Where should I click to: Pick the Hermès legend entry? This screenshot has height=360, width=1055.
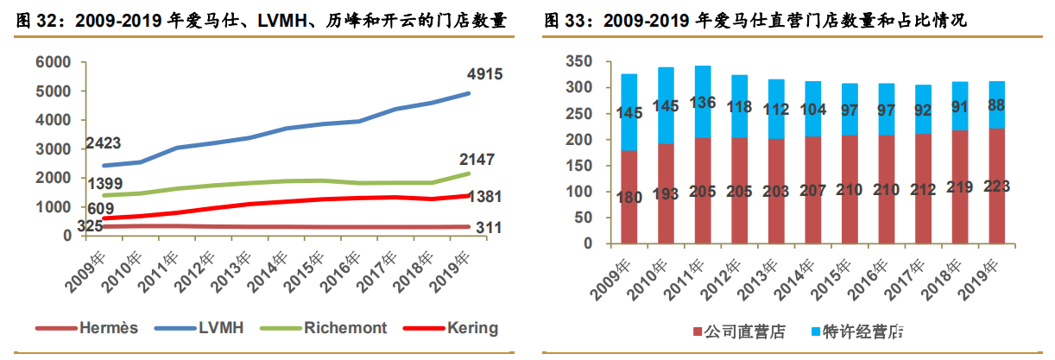click(x=82, y=328)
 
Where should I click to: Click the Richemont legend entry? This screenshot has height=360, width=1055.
click(x=326, y=328)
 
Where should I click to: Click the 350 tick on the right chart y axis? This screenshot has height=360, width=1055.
click(x=576, y=61)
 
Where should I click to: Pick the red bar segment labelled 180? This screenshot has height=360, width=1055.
click(x=629, y=197)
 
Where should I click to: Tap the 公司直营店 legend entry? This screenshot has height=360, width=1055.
click(x=738, y=331)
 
